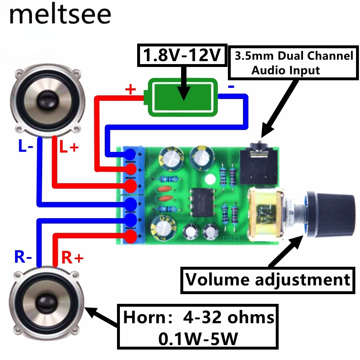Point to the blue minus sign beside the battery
tap(231, 86)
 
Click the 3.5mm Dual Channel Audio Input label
tap(293, 63)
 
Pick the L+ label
tap(68, 147)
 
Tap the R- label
tap(23, 257)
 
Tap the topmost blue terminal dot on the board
tap(130, 154)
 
